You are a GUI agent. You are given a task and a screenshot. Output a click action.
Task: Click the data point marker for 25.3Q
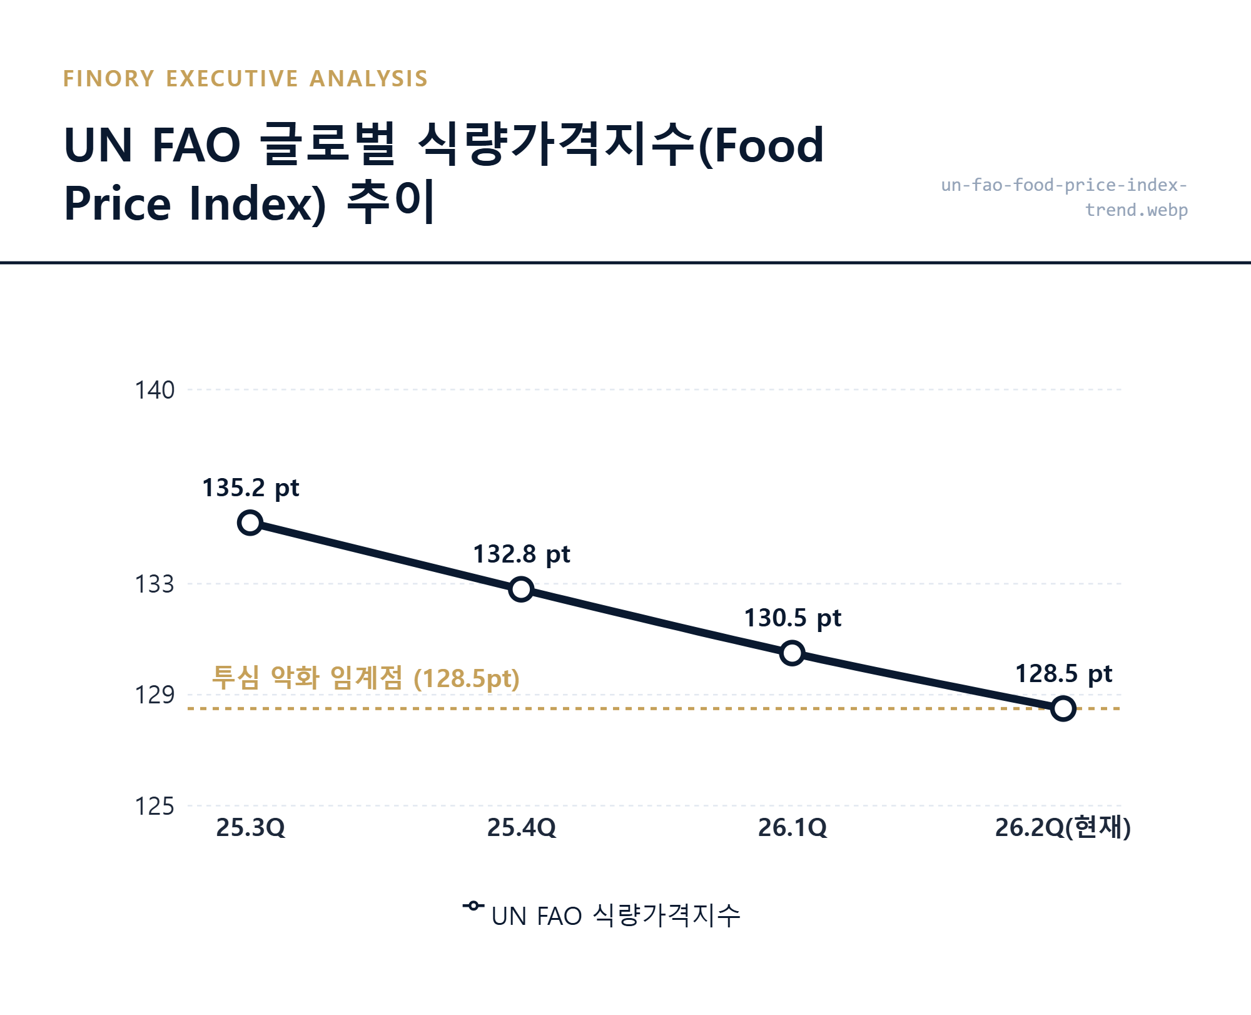(250, 523)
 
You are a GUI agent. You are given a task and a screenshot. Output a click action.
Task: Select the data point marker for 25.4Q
(521, 589)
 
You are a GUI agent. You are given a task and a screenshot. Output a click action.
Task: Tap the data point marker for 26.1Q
(793, 653)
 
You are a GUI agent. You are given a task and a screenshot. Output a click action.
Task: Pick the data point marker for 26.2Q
(1063, 708)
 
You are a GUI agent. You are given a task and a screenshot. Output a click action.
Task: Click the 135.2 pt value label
(250, 488)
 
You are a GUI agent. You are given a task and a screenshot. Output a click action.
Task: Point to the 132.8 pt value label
(521, 554)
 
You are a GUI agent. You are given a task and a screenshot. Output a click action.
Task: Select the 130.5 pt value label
(793, 618)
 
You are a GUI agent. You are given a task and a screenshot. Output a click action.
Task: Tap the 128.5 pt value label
(1063, 674)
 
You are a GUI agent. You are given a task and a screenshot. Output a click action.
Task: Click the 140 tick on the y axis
(154, 390)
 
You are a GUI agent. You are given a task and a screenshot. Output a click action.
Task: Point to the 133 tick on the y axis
(154, 584)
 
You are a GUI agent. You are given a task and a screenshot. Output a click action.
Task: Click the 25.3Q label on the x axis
(250, 828)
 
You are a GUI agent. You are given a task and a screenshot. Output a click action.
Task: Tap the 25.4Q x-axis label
(521, 828)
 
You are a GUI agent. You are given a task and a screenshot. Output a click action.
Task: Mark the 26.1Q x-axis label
(793, 828)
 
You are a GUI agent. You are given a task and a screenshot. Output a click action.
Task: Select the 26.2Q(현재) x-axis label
(1063, 828)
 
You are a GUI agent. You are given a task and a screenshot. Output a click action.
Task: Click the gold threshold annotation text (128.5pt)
(366, 678)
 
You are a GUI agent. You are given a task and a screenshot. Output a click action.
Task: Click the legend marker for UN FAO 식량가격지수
(474, 906)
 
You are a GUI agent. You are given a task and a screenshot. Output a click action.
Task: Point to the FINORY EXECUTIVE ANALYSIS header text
(245, 79)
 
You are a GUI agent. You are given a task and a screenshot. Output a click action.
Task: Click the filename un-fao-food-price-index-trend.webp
(1064, 197)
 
